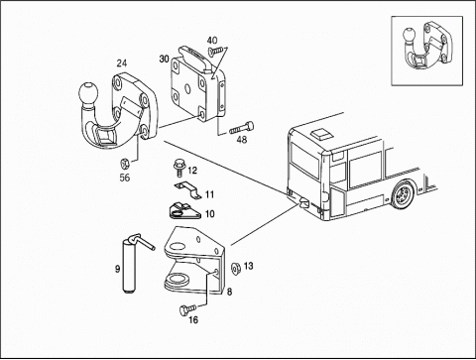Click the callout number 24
122,63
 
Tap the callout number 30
165,60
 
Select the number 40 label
212,41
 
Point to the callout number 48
242,140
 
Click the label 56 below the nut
125,178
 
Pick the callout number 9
117,269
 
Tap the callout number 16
193,320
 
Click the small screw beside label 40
216,51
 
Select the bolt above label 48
242,128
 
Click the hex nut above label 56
125,163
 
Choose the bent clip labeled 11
187,191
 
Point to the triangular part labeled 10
184,211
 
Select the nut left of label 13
236,267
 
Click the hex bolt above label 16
187,309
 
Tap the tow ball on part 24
88,93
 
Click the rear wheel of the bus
403,195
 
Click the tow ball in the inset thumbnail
410,36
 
